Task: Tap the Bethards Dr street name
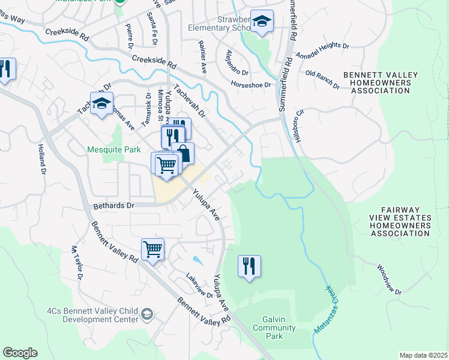(x=114, y=205)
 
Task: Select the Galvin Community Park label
(x=274, y=328)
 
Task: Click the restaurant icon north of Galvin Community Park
(x=249, y=266)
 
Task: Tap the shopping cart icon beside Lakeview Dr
(x=152, y=248)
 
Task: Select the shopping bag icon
(x=182, y=153)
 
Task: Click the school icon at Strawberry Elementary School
(x=261, y=22)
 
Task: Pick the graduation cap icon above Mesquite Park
(x=101, y=103)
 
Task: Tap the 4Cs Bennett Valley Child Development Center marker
(x=146, y=314)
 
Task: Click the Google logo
(x=20, y=353)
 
